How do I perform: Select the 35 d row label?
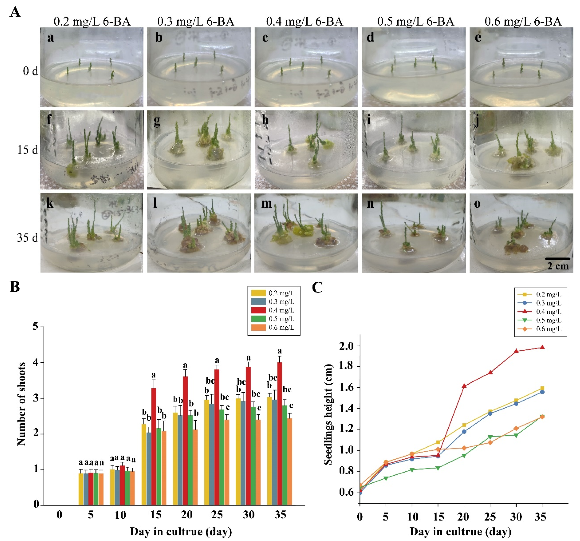coord(27,238)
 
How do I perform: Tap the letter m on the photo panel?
coord(266,203)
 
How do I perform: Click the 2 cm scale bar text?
coord(558,266)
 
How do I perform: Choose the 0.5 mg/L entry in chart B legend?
coord(281,319)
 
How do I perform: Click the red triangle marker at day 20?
coord(464,386)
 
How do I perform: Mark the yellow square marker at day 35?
coord(542,388)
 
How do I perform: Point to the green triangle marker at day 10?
coord(412,470)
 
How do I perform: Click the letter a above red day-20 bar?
coord(185,365)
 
